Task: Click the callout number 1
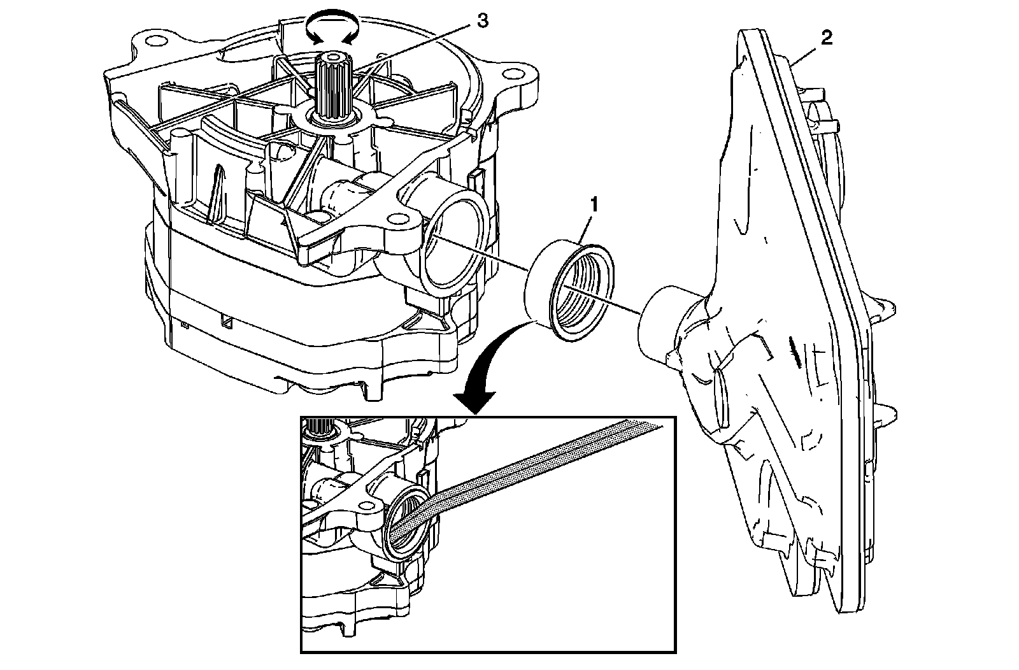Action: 594,205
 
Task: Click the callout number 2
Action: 825,38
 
